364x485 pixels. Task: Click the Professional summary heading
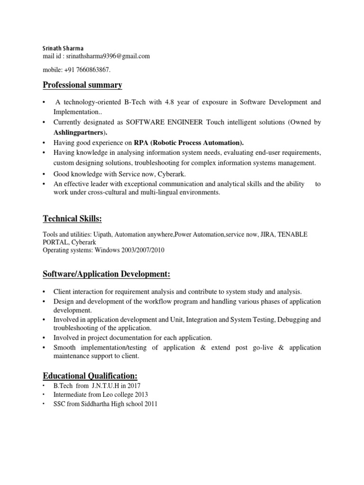[82, 85]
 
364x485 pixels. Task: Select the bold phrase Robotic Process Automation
[194, 143]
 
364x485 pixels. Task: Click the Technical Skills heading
[72, 218]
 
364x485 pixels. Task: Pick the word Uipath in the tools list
[101, 234]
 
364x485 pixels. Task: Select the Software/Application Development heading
[107, 275]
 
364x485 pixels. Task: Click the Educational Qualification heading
[90, 376]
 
